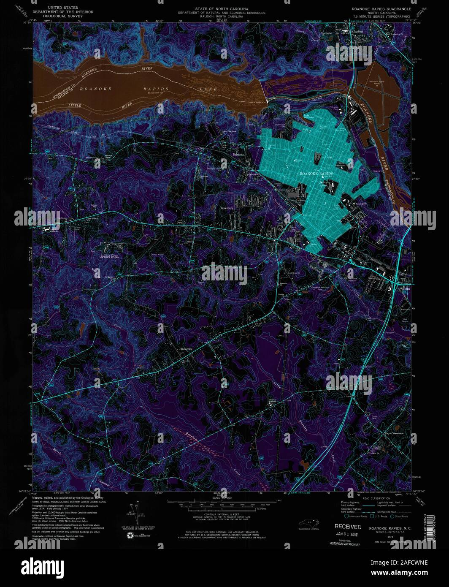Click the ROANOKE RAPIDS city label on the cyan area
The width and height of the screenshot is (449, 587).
316,174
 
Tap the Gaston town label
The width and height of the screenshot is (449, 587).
357,31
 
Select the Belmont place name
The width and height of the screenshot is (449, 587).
238,155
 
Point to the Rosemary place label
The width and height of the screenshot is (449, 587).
227,208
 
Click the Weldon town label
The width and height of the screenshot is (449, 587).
404,289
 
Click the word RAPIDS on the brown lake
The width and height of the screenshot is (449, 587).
155,89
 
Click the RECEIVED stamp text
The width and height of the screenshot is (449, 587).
348,527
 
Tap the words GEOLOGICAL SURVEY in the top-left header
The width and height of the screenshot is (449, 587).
62,17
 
